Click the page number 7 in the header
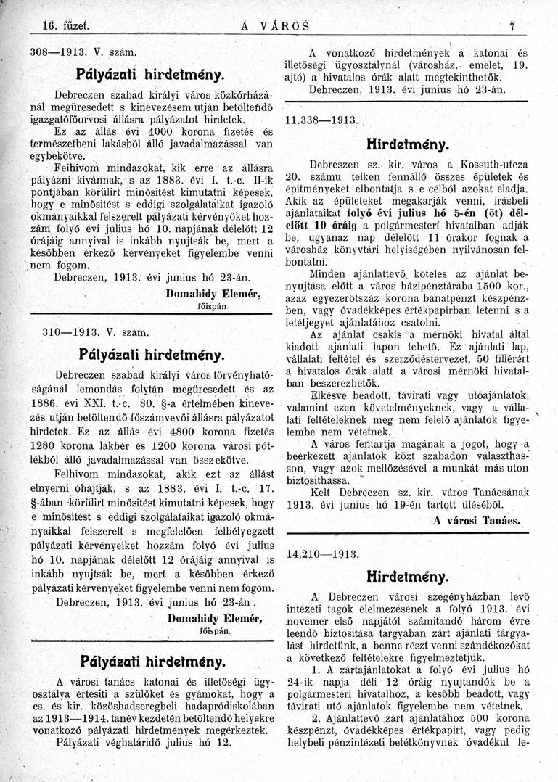tap(512, 27)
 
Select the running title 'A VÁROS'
tap(274, 28)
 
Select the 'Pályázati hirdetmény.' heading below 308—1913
tap(149, 74)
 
